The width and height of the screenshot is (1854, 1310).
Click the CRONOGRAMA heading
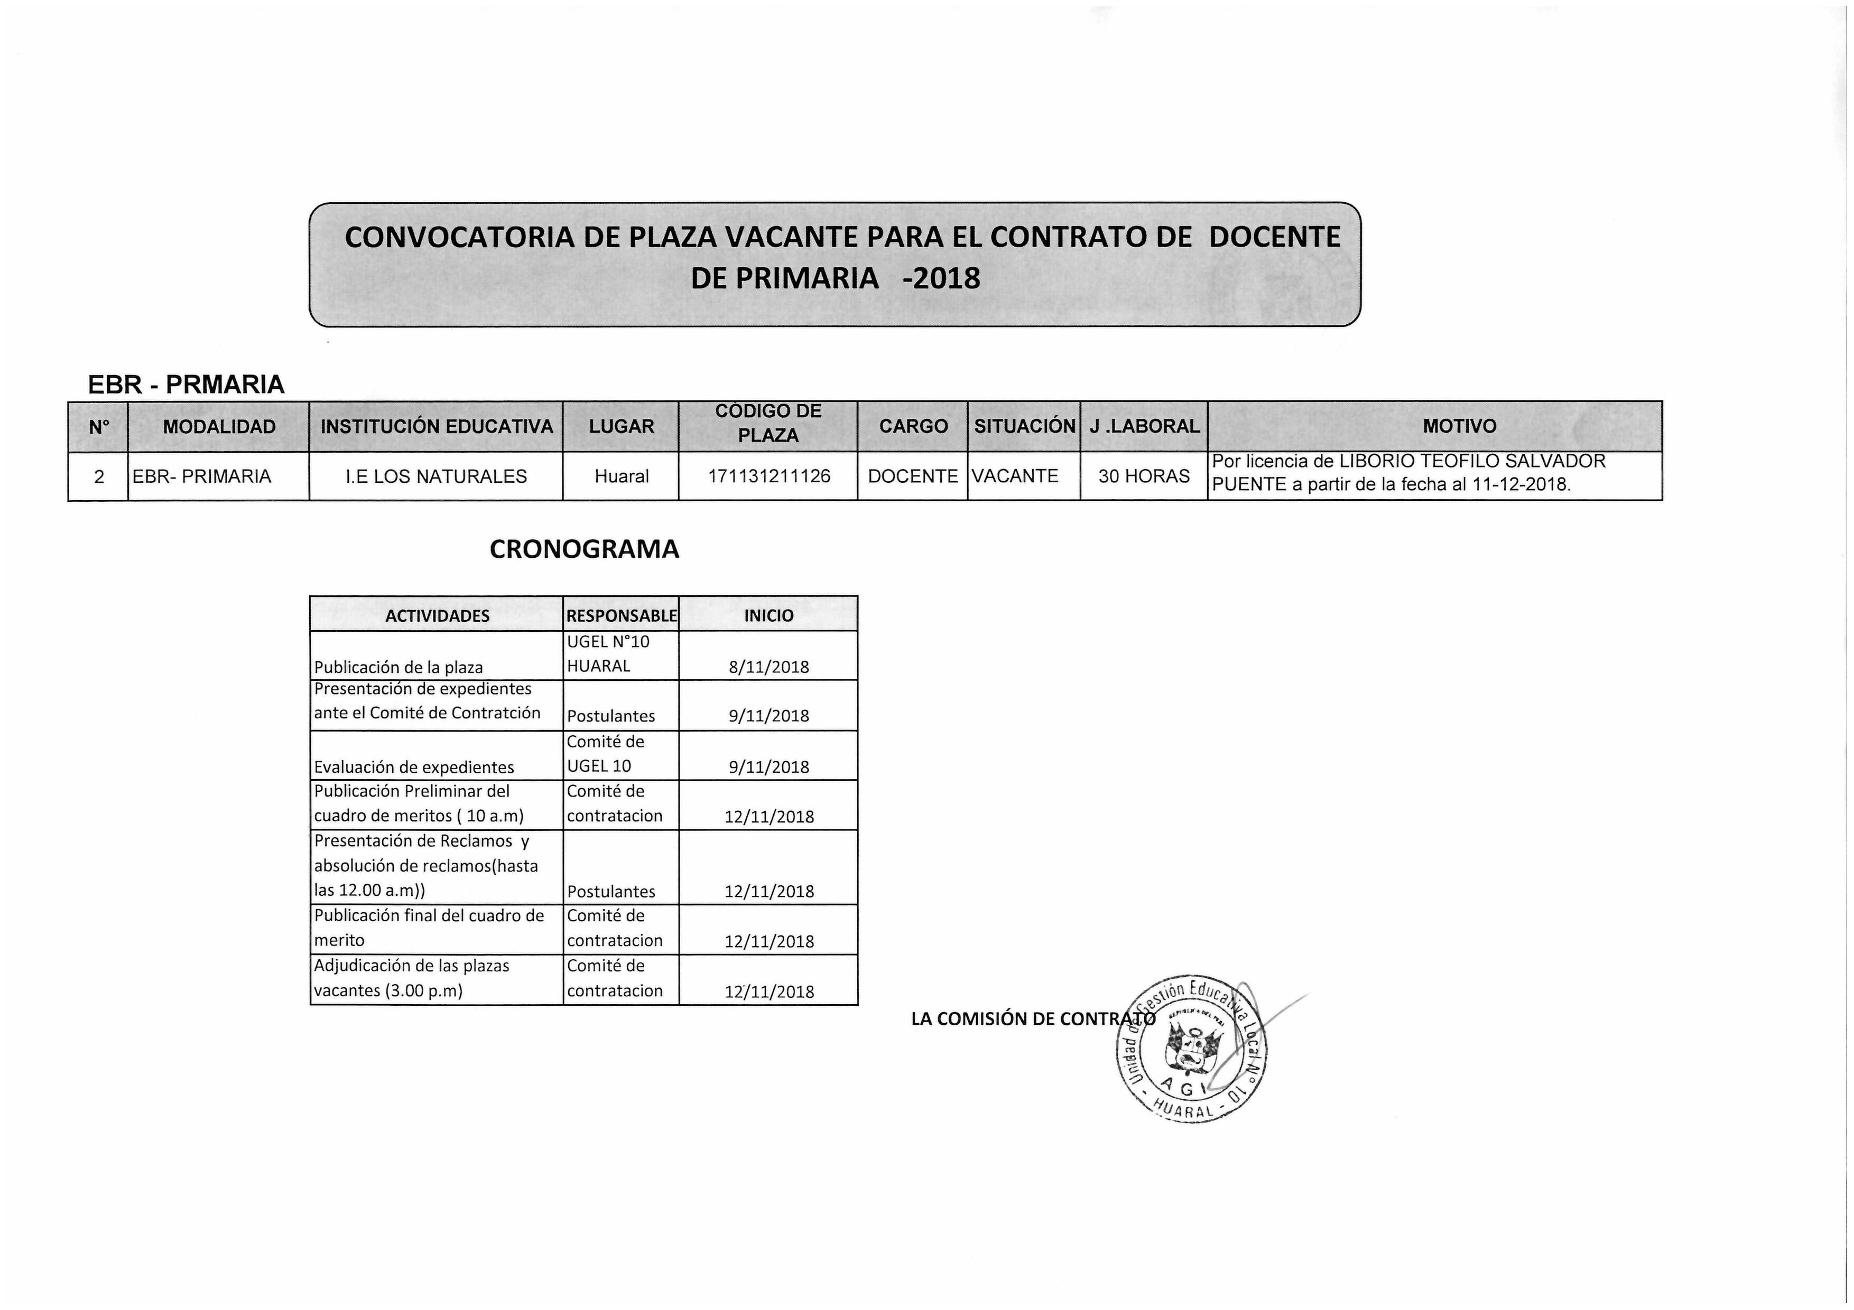click(584, 549)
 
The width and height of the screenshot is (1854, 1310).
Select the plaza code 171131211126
click(769, 476)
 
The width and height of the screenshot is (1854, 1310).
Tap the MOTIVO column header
click(1459, 426)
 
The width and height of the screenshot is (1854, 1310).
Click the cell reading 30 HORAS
click(1143, 476)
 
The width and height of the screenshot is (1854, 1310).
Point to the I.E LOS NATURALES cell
click(436, 476)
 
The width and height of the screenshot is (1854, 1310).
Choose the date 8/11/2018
click(769, 667)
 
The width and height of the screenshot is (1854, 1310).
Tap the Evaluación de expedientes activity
click(413, 767)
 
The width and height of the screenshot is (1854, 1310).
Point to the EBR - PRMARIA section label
click(186, 384)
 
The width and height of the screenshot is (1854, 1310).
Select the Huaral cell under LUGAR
click(621, 476)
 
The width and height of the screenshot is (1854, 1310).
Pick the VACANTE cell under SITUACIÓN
click(1015, 476)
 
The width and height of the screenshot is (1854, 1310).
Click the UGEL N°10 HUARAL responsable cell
click(607, 654)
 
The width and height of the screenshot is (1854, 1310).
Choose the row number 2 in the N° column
click(98, 476)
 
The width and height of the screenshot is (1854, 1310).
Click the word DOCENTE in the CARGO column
click(912, 476)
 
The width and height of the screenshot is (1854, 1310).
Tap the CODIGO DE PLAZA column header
click(768, 423)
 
